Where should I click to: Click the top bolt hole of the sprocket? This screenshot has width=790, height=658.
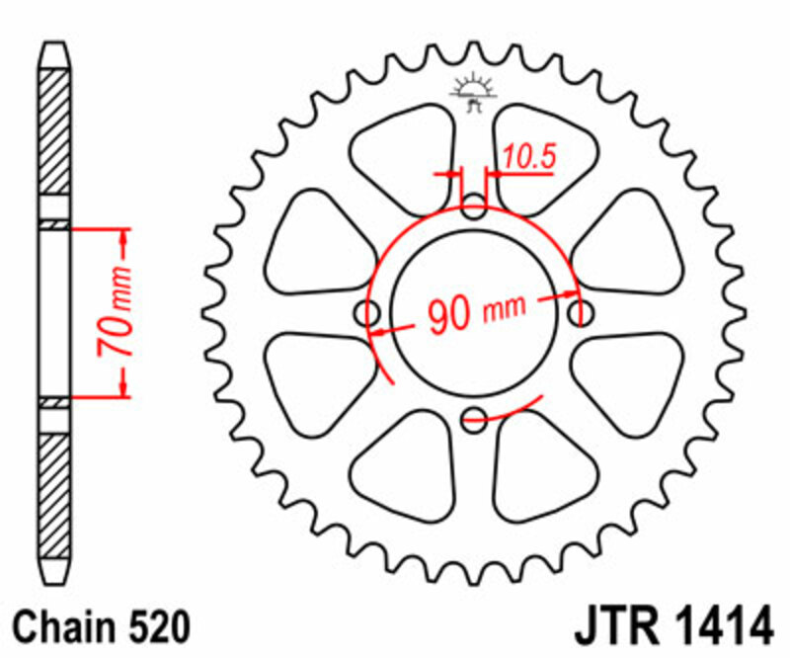(475, 208)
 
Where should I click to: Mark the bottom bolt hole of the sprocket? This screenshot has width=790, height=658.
(475, 417)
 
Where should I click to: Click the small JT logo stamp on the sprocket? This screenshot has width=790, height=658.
(474, 92)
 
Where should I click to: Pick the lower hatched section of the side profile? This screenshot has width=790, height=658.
(54, 494)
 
